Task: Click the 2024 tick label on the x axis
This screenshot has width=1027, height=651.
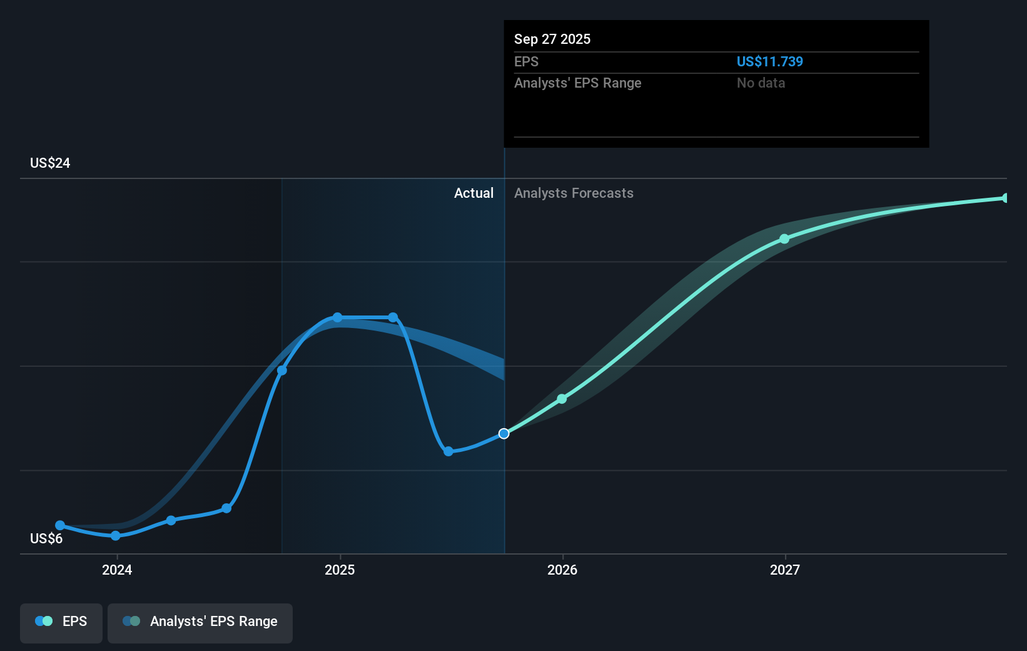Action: tap(117, 570)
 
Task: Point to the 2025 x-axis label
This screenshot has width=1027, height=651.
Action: tap(340, 570)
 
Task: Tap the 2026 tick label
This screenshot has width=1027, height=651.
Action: tap(562, 570)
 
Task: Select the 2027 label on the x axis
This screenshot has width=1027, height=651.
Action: tap(785, 570)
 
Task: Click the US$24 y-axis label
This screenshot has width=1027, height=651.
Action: tap(50, 163)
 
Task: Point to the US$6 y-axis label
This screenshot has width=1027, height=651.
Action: tap(46, 539)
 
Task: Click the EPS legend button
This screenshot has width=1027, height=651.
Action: tap(61, 622)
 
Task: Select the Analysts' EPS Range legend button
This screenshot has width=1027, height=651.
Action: tap(200, 622)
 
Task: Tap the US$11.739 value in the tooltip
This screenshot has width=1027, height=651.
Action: tap(769, 61)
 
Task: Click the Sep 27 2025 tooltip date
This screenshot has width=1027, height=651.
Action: tap(552, 39)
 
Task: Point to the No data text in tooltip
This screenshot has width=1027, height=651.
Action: tap(761, 83)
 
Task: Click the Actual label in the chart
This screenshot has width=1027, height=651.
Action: tap(473, 193)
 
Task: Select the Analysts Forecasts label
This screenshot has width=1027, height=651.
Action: tap(574, 193)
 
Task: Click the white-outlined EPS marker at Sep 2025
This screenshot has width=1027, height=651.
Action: tap(504, 434)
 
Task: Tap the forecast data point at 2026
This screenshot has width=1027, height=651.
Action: tap(562, 399)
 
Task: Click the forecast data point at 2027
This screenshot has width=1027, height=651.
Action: tap(784, 239)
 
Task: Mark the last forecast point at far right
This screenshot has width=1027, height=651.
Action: tap(1006, 198)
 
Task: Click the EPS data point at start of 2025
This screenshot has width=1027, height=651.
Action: tap(338, 317)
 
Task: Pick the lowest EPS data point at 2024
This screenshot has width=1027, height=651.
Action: tap(116, 536)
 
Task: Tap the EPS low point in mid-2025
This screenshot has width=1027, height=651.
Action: tap(448, 451)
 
